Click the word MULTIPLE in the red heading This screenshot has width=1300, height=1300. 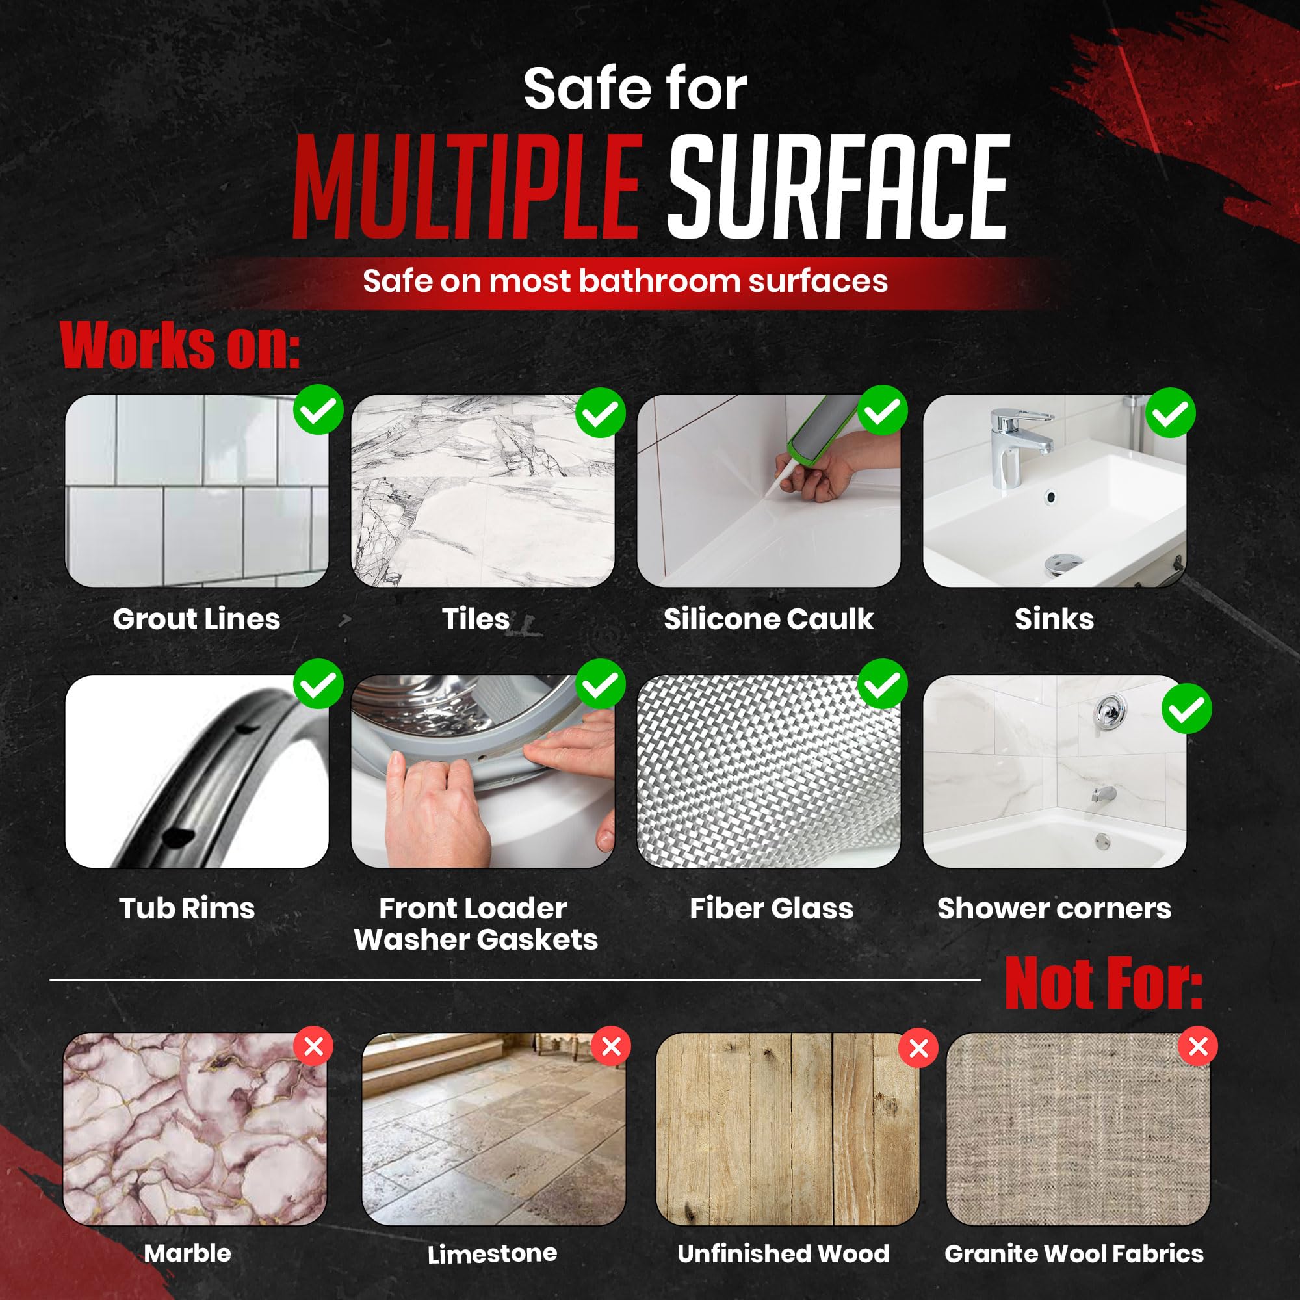tap(465, 187)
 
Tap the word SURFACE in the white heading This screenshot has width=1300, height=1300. tap(838, 187)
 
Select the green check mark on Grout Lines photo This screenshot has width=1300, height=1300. tap(318, 409)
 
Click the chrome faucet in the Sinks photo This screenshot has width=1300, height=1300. tap(1018, 445)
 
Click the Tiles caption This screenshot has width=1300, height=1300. tap(476, 619)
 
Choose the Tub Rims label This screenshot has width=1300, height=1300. tap(187, 909)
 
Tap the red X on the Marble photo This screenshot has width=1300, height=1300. tap(313, 1046)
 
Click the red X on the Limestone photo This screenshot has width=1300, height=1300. tap(611, 1046)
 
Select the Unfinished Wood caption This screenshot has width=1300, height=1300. tap(783, 1254)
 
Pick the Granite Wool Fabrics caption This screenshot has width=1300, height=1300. tap(1074, 1254)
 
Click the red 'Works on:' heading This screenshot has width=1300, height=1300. tap(179, 346)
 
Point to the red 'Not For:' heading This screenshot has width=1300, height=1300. tap(1104, 984)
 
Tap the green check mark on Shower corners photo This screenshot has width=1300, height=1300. tap(1187, 708)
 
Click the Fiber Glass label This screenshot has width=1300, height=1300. tap(771, 909)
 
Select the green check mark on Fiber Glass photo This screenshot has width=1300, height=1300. tap(882, 684)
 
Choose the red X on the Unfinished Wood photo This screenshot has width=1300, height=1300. tap(918, 1048)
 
